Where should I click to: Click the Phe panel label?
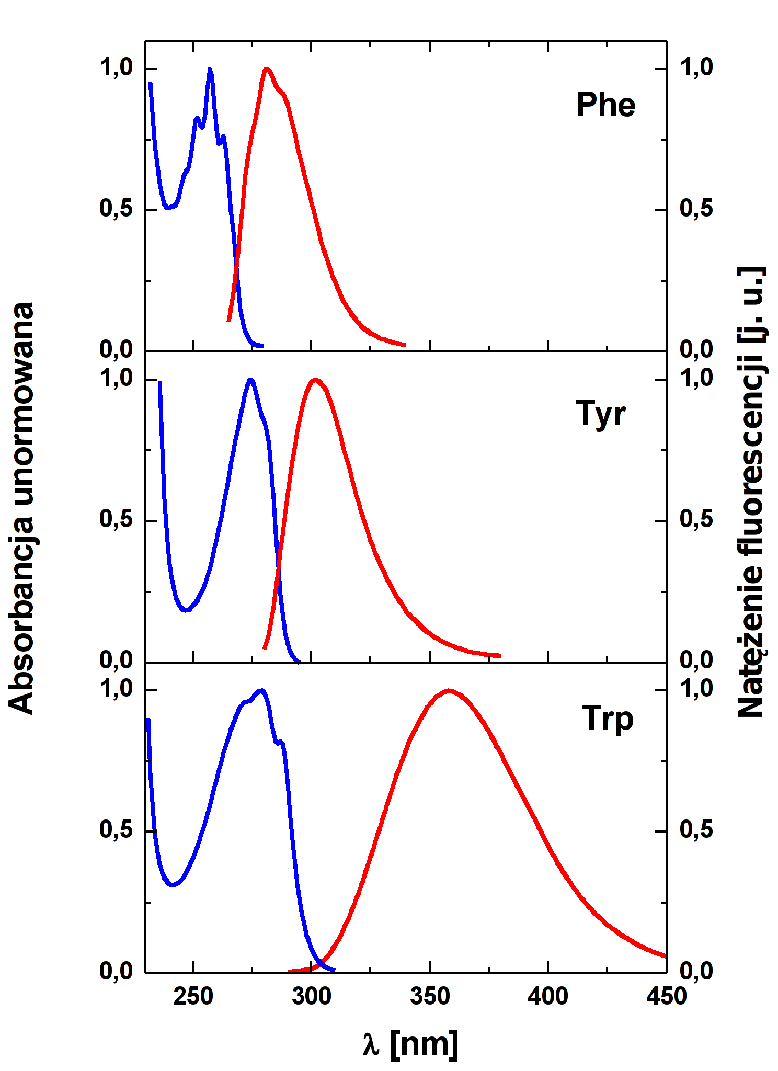tap(605, 105)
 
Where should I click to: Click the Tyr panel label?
tap(600, 414)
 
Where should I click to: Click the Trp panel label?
tap(607, 719)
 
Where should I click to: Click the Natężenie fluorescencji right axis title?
tap(752, 492)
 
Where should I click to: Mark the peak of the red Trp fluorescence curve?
tap(449, 690)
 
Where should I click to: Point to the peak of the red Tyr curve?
tap(315, 380)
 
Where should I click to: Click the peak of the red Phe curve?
tap(267, 69)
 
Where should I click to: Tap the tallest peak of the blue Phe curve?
tap(210, 70)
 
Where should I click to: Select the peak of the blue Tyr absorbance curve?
tap(251, 380)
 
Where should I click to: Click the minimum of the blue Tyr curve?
tap(186, 610)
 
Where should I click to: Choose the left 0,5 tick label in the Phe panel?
tap(116, 209)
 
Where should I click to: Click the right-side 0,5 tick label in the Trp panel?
tap(696, 830)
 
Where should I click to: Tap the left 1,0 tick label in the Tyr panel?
tap(116, 378)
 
